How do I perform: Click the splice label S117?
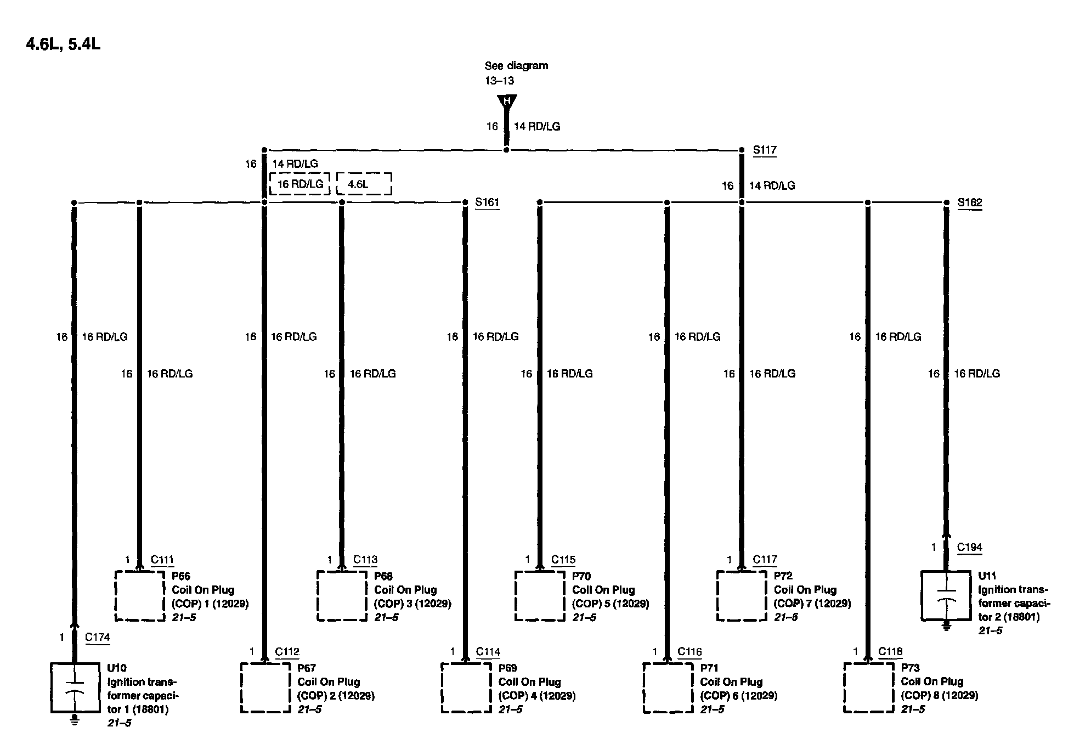764,150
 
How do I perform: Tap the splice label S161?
487,202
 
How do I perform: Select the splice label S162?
969,202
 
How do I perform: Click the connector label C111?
162,560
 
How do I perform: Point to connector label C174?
97,637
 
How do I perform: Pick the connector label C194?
969,547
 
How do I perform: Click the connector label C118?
890,651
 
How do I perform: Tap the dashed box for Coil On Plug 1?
139,596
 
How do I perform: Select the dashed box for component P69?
466,688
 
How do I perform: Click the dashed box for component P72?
741,596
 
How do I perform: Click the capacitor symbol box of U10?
75,688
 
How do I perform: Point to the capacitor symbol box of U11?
945,595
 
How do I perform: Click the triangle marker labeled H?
506,101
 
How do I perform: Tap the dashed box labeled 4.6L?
363,184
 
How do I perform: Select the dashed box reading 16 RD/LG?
299,184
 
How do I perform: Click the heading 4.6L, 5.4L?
63,44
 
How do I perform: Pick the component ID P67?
306,668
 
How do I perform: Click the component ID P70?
581,576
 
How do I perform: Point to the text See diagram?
516,66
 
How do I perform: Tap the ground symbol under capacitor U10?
75,721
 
